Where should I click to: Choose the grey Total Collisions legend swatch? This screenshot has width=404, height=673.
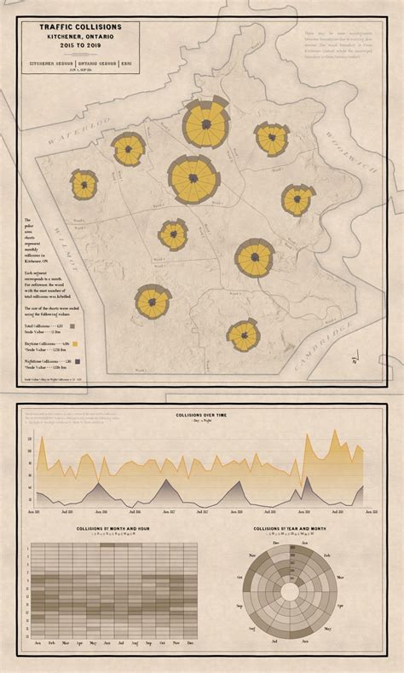(x=72, y=325)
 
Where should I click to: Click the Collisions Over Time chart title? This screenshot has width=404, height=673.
(x=201, y=415)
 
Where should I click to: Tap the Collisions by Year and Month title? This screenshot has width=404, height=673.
(x=289, y=529)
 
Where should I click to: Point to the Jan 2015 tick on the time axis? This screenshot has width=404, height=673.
(x=35, y=512)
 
